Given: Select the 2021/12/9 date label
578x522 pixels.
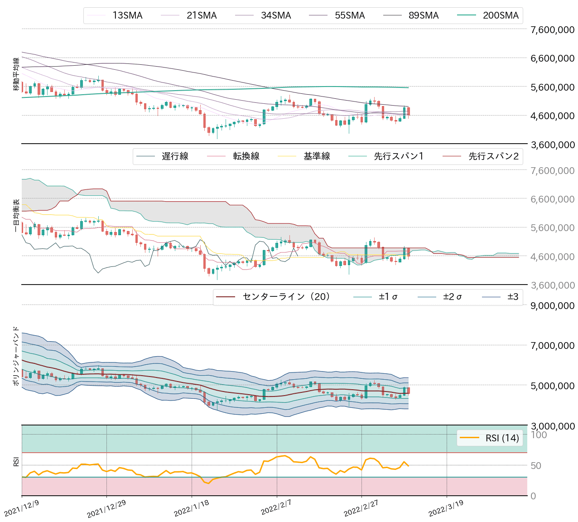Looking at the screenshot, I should point(22,508).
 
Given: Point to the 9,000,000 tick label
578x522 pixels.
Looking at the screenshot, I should point(552,305).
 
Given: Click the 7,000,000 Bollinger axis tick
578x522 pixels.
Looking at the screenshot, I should point(552,345).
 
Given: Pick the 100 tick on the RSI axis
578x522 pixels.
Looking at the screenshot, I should point(539,435).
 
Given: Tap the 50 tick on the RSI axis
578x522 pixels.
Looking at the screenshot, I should point(536,466).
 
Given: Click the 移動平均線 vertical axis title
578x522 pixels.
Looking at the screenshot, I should point(16,74).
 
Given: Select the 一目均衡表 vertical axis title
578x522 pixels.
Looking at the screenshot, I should point(16,216).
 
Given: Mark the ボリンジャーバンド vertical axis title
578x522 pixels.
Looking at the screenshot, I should point(16,356).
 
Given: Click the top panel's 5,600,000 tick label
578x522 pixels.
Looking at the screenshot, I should point(552,87).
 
